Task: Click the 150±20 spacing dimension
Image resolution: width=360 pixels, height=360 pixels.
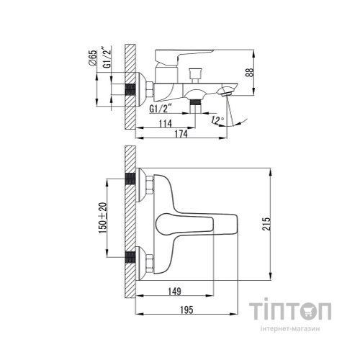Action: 103,217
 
